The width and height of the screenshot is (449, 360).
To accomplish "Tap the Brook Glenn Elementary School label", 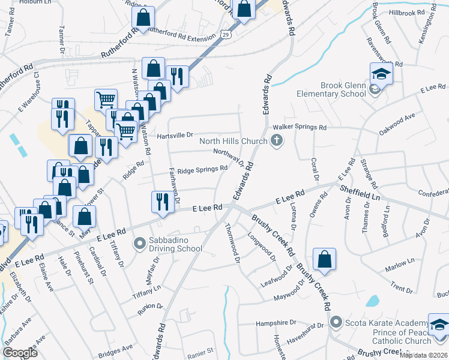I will coord(334,89).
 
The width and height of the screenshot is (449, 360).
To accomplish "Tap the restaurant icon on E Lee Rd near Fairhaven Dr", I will coord(161,201).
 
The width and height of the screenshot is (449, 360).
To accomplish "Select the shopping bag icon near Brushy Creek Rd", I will coord(324,259).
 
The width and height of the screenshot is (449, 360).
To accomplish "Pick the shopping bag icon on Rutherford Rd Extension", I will coord(143,17).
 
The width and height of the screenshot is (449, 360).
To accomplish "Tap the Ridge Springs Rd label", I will coord(202,169).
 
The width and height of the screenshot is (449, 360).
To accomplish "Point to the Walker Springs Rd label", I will coord(300,128).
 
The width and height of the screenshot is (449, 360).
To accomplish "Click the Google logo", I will coord(20,353).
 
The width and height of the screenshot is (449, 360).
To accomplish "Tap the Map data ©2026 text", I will coord(424,355).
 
